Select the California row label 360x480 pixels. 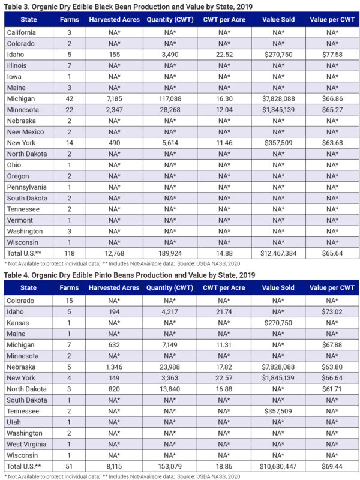click(x=22, y=32)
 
